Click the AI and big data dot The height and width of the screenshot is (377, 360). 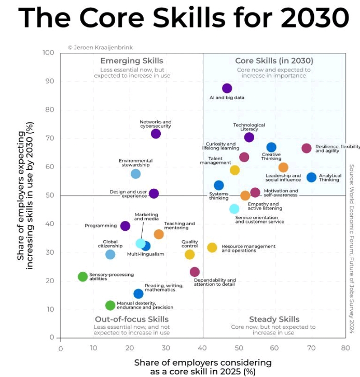click(x=227, y=89)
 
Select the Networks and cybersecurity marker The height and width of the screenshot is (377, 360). click(x=156, y=134)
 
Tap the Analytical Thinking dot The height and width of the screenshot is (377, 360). click(x=311, y=177)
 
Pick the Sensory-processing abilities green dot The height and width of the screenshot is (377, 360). click(x=82, y=277)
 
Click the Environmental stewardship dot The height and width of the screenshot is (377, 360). click(x=135, y=174)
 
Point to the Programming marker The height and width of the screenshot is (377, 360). click(x=125, y=226)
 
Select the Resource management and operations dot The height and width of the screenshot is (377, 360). click(x=212, y=248)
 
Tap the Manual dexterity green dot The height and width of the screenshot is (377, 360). click(x=110, y=305)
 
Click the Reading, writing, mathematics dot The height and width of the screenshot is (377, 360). click(x=138, y=294)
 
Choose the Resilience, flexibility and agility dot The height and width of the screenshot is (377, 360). click(x=307, y=148)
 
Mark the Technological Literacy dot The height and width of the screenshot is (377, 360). click(x=249, y=137)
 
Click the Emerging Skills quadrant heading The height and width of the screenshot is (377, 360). click(x=132, y=61)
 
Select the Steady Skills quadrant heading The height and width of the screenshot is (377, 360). click(x=274, y=319)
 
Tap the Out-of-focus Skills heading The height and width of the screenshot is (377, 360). click(x=132, y=319)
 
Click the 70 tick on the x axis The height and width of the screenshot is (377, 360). click(x=311, y=348)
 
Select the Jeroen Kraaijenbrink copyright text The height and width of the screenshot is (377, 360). click(x=100, y=47)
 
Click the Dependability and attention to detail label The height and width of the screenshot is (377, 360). click(x=215, y=283)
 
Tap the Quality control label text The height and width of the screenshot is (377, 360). click(x=190, y=244)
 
